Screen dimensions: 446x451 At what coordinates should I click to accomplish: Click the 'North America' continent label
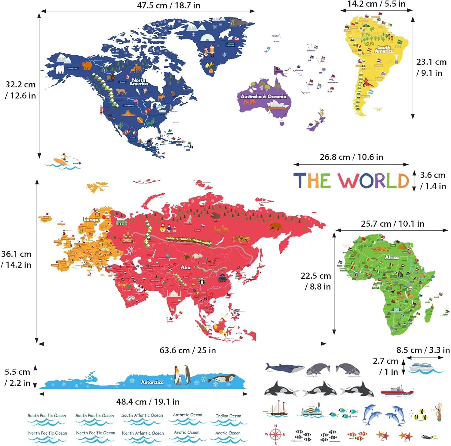pos(139,82)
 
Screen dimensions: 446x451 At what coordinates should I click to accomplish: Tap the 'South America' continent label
pos(384,49)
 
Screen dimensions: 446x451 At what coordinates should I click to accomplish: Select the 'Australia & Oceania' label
pos(263,97)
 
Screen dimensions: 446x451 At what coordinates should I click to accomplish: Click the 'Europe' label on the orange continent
pos(91,219)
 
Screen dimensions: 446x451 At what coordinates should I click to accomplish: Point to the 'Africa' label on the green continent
pos(392,257)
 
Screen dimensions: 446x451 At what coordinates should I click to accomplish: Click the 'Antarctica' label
pos(152,382)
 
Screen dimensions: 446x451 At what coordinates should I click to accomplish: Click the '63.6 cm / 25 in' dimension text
pos(188,351)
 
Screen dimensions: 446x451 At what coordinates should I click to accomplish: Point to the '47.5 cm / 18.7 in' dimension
pos(168,5)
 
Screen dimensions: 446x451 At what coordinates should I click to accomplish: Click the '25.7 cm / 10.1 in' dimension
pos(392,224)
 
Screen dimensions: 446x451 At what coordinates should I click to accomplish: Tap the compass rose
pos(275,434)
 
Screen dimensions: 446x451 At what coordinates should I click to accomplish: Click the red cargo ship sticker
pos(396,390)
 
